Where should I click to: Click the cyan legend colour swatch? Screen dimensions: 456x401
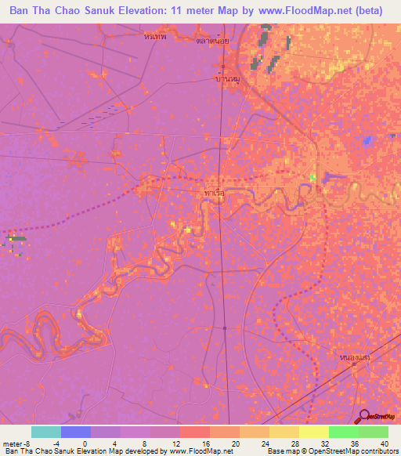click(x=45, y=432)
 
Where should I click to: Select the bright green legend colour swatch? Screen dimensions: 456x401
click(x=343, y=432)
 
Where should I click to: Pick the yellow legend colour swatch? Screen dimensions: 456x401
click(x=313, y=432)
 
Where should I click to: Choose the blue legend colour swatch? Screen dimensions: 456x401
click(x=75, y=432)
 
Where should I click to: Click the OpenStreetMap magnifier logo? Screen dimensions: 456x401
click(x=365, y=416)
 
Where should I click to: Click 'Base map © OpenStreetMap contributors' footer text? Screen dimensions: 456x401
click(x=332, y=451)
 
